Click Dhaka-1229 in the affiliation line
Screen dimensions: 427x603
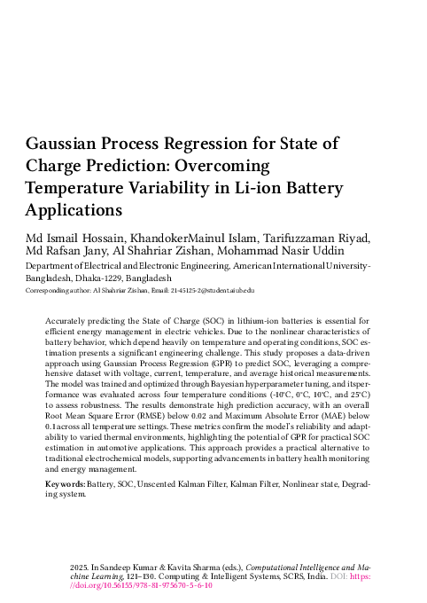coord(102,277)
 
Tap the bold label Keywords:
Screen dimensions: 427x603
coord(64,487)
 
